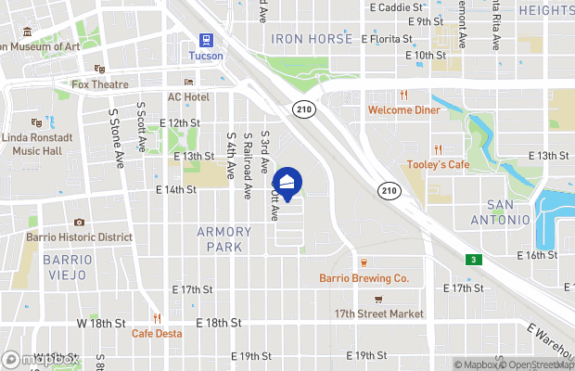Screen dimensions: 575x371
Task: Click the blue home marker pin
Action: coord(288,183)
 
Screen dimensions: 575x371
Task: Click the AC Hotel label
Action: coord(187,97)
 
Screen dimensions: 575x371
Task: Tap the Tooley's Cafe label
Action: coord(438,165)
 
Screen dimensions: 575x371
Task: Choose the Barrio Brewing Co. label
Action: coord(364,277)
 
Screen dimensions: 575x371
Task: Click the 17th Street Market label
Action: coord(378,313)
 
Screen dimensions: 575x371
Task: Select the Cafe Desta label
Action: coord(156,333)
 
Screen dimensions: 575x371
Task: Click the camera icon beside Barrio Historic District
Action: coord(80,223)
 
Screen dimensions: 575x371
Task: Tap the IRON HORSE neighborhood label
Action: coord(312,39)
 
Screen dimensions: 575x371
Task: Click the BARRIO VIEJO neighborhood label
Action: coord(67,267)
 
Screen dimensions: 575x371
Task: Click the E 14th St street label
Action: coord(176,189)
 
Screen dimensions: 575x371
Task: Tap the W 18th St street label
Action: coord(100,323)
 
